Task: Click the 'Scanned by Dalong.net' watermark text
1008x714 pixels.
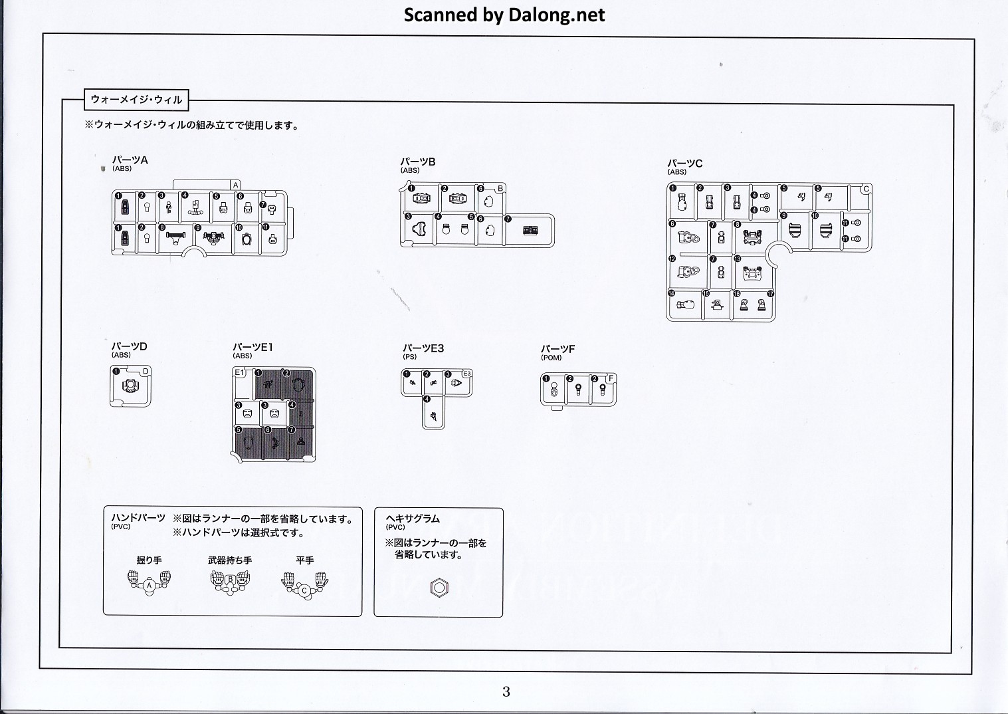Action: click(x=504, y=15)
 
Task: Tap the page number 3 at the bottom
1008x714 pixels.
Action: click(x=506, y=691)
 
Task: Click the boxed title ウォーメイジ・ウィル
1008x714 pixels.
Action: click(x=136, y=100)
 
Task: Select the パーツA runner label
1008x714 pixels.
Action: click(x=130, y=160)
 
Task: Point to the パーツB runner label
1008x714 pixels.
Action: click(x=417, y=162)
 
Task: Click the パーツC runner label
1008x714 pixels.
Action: click(x=684, y=164)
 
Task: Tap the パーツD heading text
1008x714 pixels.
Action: click(x=129, y=346)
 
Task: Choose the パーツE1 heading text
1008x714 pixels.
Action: click(x=252, y=347)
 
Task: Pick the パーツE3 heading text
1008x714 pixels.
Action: click(x=423, y=348)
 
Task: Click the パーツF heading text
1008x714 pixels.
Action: click(x=557, y=349)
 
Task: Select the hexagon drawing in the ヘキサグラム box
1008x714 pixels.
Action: click(x=439, y=588)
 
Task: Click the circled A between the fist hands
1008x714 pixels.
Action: click(x=150, y=586)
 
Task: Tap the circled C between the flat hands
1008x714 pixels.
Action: click(x=304, y=590)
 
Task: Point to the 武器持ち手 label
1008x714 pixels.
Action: click(x=230, y=560)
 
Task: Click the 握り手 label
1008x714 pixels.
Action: click(x=149, y=560)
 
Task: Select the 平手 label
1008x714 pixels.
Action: click(x=305, y=560)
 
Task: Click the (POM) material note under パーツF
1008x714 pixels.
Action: click(x=551, y=358)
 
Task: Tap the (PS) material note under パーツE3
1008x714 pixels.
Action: click(x=409, y=357)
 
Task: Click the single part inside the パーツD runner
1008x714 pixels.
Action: click(x=131, y=386)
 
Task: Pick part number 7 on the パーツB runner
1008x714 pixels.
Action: click(x=530, y=231)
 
